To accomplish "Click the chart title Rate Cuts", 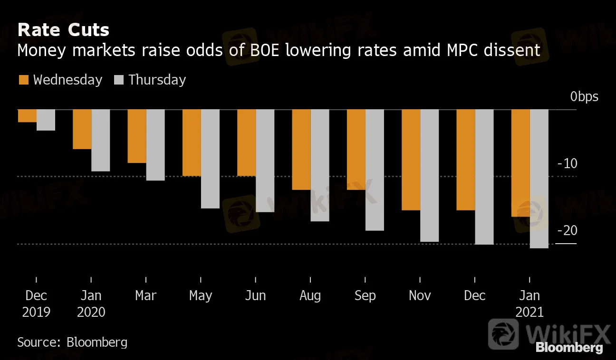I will point(63,30).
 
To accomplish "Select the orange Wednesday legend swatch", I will point(24,80).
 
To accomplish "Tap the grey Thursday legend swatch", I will point(119,80).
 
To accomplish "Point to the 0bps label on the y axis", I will point(585,97).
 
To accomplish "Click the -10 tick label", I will point(566,164).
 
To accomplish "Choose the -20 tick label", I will point(566,231).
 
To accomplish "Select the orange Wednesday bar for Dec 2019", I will point(27,116).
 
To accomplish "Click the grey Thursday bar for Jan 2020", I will point(101,140).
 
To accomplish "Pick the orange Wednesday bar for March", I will point(137,136).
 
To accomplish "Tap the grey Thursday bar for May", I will point(210,159).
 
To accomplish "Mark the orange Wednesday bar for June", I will point(246,142).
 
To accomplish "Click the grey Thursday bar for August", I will point(320,165).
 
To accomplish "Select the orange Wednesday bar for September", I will point(356,150).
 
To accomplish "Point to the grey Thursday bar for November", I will point(429,175).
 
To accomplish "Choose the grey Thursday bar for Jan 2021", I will point(539,179).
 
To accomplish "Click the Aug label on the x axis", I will point(310,296).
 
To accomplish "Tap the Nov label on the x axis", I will point(420,296).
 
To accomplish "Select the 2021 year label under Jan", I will point(529,313).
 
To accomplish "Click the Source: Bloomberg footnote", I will point(72,342).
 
